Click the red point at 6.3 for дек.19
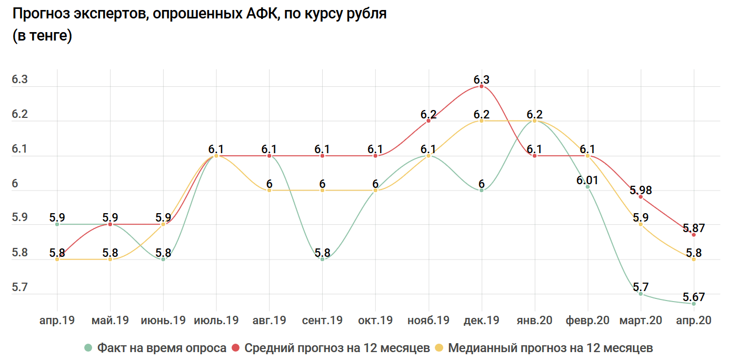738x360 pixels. pyautogui.click(x=481, y=86)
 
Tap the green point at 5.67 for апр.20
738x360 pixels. pyautogui.click(x=694, y=304)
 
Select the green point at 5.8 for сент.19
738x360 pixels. pyautogui.click(x=322, y=259)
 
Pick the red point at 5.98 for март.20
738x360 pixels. pyautogui.click(x=641, y=197)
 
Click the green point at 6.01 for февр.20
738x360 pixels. pyautogui.click(x=587, y=187)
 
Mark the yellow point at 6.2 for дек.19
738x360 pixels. pyautogui.click(x=481, y=121)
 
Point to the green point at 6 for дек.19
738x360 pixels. pyautogui.click(x=481, y=190)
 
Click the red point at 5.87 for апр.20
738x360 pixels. pyautogui.click(x=694, y=235)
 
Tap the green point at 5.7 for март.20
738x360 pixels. pyautogui.click(x=641, y=294)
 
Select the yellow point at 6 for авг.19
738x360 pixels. pyautogui.click(x=269, y=190)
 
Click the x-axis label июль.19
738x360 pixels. pyautogui.click(x=216, y=321)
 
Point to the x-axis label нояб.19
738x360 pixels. pyautogui.click(x=428, y=321)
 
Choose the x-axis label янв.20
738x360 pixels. pyautogui.click(x=534, y=321)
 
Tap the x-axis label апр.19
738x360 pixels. pyautogui.click(x=57, y=321)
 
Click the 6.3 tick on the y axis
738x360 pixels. pyautogui.click(x=19, y=80)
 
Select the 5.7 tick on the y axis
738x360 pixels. pyautogui.click(x=19, y=288)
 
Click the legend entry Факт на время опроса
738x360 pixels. pyautogui.click(x=156, y=348)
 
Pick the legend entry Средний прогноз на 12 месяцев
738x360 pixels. pyautogui.click(x=331, y=348)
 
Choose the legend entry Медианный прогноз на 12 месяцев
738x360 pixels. pyautogui.click(x=544, y=348)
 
